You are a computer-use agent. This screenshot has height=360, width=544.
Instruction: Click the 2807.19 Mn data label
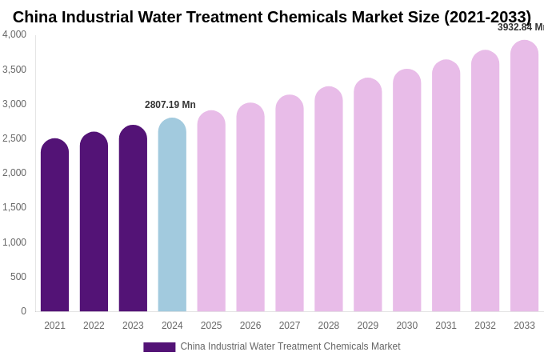click(x=170, y=105)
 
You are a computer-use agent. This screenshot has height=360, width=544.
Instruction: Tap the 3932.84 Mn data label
click(x=521, y=27)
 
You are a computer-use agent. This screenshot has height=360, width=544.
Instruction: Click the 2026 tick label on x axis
click(x=250, y=326)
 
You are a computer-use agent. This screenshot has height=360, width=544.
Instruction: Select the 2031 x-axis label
click(x=446, y=326)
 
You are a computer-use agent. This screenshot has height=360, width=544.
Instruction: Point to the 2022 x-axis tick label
click(x=94, y=326)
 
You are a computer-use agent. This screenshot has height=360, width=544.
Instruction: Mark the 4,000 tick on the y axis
click(x=14, y=34)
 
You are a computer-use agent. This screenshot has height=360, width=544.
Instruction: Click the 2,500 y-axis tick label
click(x=14, y=138)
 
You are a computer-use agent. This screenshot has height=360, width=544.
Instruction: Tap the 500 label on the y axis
click(x=18, y=277)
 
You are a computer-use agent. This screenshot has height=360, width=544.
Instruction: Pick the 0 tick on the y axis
click(x=23, y=311)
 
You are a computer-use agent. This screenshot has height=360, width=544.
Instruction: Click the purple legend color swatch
click(x=159, y=347)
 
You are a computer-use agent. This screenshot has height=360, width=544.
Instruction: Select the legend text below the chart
click(x=290, y=346)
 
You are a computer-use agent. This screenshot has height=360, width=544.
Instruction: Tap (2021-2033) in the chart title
click(x=487, y=17)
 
